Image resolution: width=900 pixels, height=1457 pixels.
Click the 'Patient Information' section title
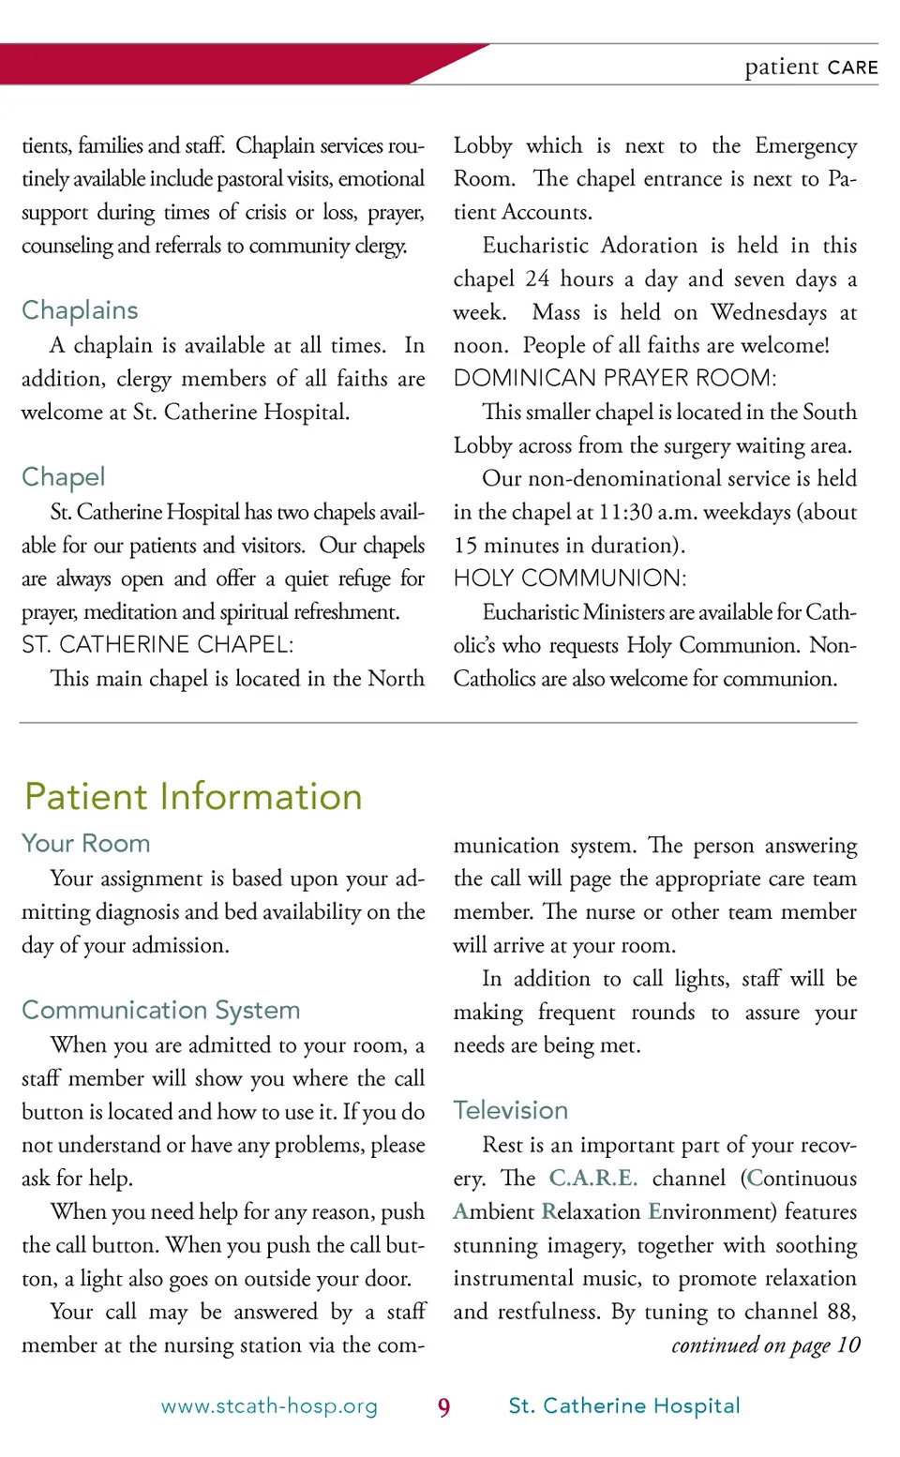click(193, 797)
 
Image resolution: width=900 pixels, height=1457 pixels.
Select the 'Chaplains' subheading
click(80, 310)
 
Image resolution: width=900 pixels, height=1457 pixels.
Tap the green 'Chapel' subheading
click(63, 477)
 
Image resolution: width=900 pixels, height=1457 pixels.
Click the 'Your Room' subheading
click(85, 843)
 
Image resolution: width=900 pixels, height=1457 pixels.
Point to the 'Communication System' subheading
click(160, 1010)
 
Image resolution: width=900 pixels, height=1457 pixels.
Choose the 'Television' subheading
click(510, 1110)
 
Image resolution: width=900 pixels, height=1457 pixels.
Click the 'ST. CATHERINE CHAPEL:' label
click(157, 645)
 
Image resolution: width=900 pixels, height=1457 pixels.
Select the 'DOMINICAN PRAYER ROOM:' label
click(614, 378)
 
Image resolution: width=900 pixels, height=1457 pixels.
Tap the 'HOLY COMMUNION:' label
click(570, 578)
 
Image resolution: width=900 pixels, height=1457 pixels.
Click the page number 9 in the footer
click(443, 1407)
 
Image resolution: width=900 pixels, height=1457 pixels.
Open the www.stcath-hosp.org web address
click(269, 1406)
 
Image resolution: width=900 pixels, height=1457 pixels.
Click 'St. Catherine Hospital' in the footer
click(624, 1406)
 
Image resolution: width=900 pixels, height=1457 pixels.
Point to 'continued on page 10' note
click(765, 1345)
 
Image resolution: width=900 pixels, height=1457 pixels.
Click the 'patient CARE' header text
click(811, 68)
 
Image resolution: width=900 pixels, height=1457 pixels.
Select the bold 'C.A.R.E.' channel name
click(592, 1179)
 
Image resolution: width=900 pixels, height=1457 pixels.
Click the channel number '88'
click(840, 1312)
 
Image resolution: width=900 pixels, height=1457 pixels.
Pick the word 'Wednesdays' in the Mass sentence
click(769, 312)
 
